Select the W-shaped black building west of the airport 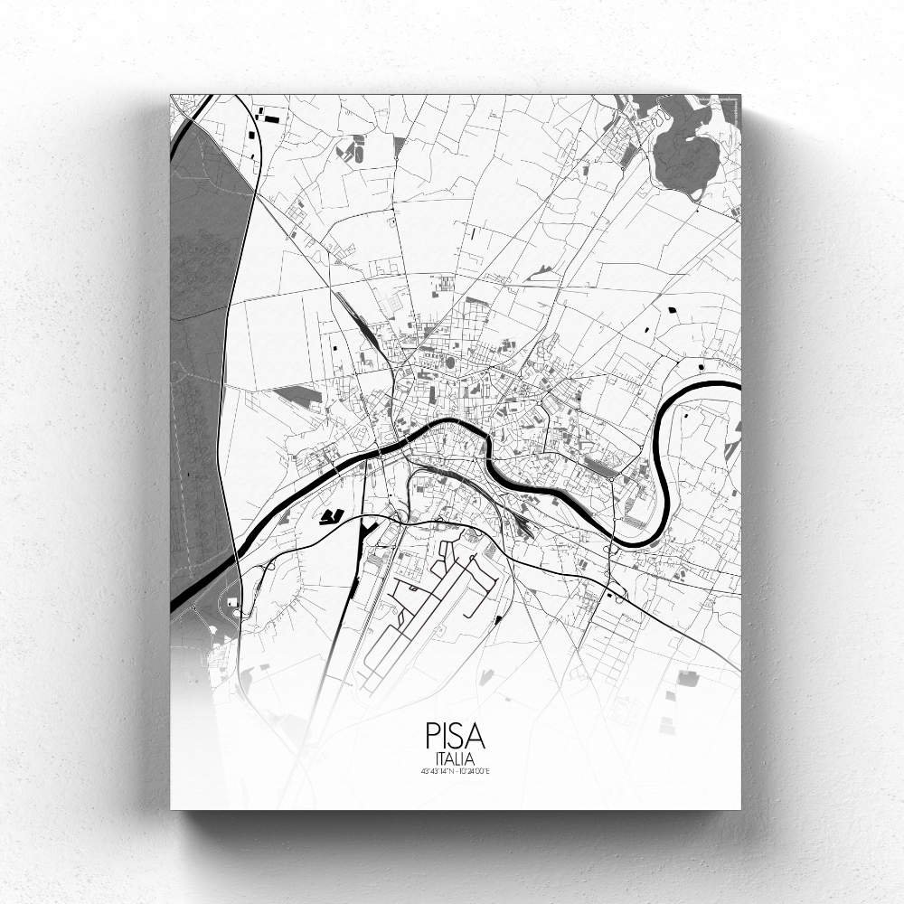[332, 516]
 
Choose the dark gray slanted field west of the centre [297, 396]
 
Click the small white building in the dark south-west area [233, 601]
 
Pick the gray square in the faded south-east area [688, 678]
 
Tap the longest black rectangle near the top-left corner [270, 117]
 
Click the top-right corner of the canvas [740, 95]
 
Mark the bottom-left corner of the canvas [171, 808]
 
